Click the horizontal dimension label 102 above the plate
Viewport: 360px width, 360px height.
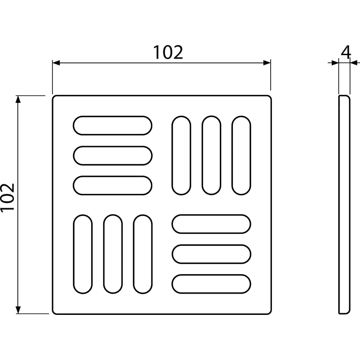pos(168,52)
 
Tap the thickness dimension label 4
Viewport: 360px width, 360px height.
pos(346,52)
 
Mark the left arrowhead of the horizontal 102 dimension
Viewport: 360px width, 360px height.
pos(56,63)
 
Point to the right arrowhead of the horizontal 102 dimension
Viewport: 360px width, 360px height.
pos(267,63)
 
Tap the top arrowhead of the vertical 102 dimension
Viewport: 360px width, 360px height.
pos(18,99)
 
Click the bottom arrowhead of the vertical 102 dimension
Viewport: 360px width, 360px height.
pos(18,310)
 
